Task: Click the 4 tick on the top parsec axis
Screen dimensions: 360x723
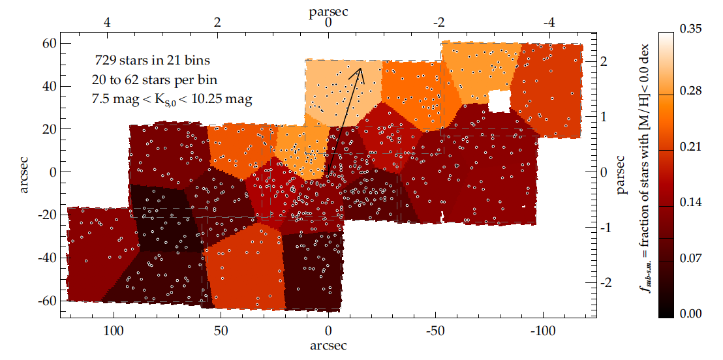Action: coord(107,22)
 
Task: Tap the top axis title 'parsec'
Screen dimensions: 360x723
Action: coord(328,10)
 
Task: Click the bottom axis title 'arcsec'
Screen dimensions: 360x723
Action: coord(328,344)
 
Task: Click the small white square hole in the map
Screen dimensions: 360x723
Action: coord(499,101)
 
